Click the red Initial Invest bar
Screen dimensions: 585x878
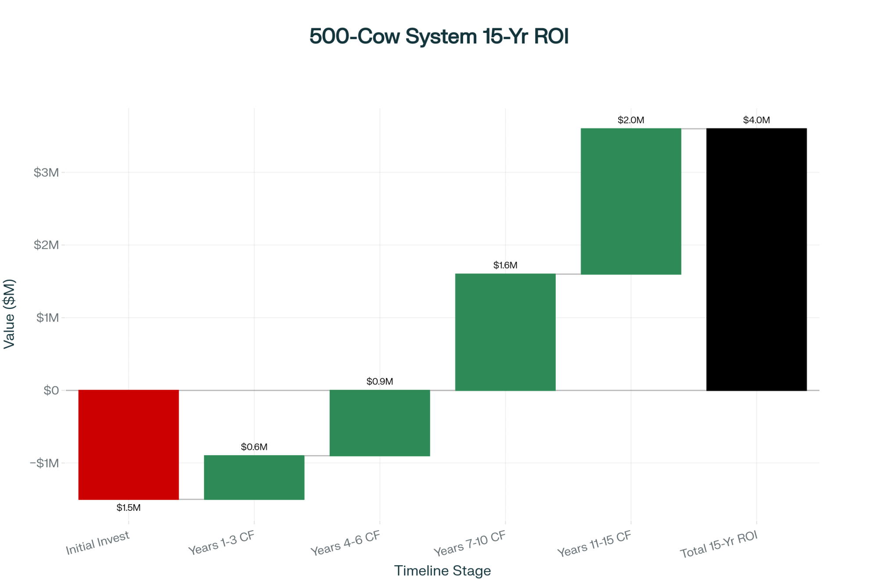click(129, 444)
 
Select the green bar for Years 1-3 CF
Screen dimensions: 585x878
click(254, 477)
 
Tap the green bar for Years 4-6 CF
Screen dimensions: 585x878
click(380, 423)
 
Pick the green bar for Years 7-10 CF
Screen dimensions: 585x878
click(505, 332)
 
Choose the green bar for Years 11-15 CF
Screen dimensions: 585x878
click(631, 201)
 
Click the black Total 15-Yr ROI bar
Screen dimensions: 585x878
click(756, 259)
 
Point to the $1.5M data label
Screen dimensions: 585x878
click(129, 508)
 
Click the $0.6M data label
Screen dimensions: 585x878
click(254, 447)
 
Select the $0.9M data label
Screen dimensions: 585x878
click(380, 381)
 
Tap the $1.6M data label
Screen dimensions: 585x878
click(505, 265)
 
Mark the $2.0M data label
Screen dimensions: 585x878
click(631, 120)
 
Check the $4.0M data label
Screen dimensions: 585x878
click(756, 120)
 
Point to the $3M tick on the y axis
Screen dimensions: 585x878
click(46, 172)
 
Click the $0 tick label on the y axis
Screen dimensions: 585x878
click(51, 390)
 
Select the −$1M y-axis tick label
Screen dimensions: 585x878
click(44, 463)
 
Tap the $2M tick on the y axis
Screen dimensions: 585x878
click(46, 245)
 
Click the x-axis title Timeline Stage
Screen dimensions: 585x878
click(443, 571)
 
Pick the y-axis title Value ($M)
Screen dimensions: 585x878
click(9, 314)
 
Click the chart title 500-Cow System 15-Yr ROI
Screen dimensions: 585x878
click(439, 36)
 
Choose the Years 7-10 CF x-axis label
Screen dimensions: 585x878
click(470, 543)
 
